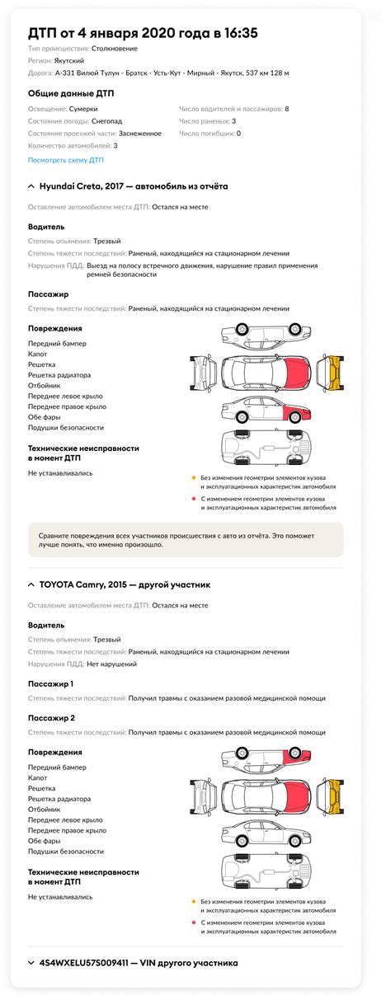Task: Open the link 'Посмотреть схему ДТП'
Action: (66, 160)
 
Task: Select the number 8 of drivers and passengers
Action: (286, 108)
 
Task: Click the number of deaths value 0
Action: (238, 133)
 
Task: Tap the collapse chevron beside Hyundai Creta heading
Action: (31, 186)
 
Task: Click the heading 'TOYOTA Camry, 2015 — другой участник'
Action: (125, 585)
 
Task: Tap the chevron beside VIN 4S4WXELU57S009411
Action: (31, 962)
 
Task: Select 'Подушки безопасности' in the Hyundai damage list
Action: (66, 428)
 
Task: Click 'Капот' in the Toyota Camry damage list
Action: (37, 777)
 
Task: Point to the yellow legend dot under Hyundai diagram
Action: (193, 477)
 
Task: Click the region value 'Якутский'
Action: (73, 61)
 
